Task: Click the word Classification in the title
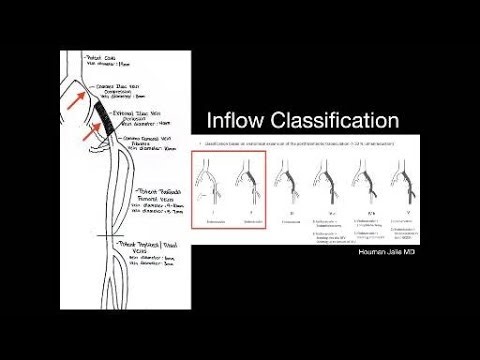click(330, 122)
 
